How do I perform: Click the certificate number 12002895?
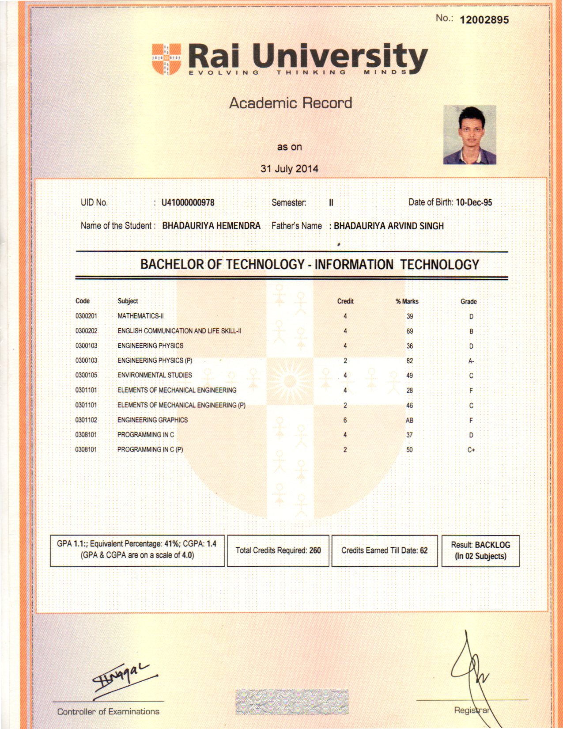coord(484,20)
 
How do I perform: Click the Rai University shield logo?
coord(166,58)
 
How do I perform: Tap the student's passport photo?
coord(469,135)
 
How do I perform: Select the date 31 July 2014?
coord(289,168)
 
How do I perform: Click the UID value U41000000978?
coord(188,202)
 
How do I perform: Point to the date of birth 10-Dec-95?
coord(474,202)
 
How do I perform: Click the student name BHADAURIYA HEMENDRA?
coord(211,226)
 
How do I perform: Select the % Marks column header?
coord(407,301)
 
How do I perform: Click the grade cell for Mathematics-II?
coord(471,316)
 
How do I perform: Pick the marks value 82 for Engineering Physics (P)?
coord(410,361)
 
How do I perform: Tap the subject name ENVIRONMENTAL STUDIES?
coord(155,375)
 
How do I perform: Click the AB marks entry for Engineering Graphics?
coord(409,421)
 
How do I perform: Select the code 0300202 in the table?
coord(86,331)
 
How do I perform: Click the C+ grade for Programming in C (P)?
coord(471,450)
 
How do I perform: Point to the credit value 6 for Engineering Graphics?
coord(345,420)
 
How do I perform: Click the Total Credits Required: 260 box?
coord(278,551)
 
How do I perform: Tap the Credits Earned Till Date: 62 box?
coord(384,551)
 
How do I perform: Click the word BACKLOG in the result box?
coord(492,545)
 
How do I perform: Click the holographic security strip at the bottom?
coord(292,702)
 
